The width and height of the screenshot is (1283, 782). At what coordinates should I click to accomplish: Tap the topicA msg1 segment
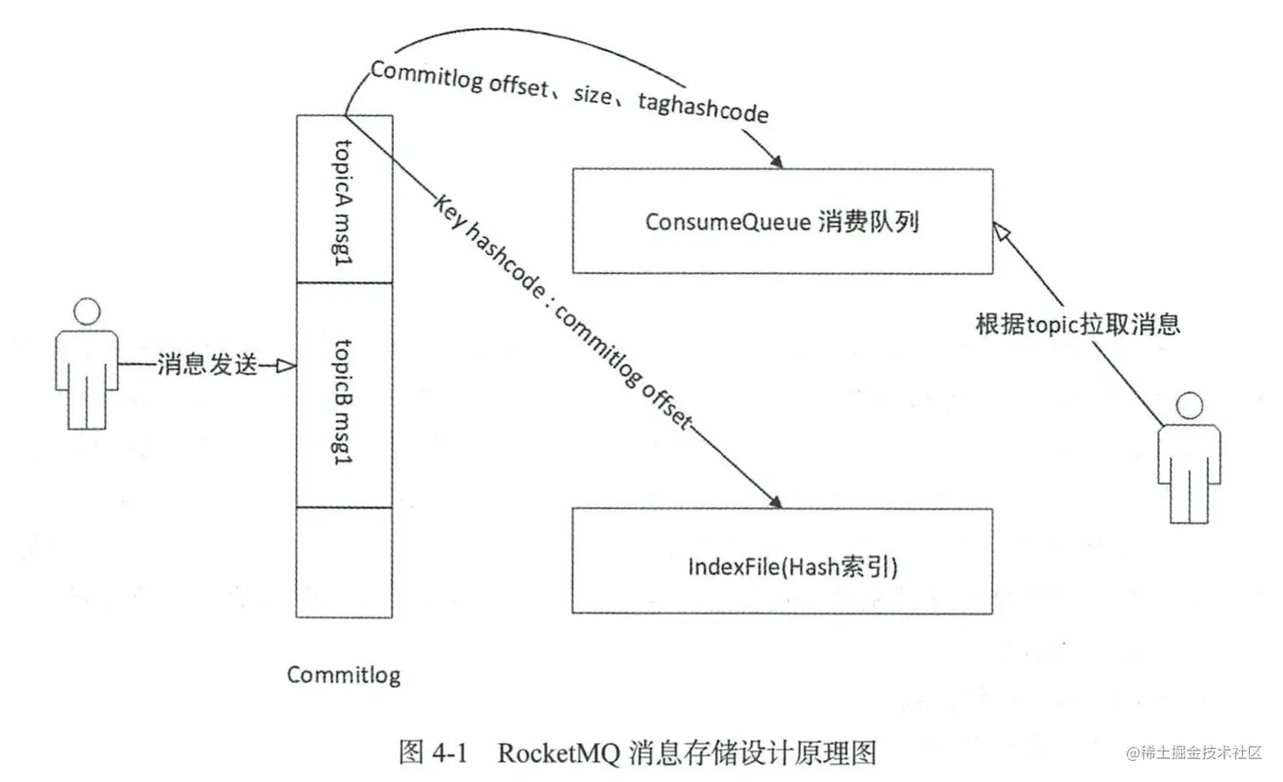[345, 199]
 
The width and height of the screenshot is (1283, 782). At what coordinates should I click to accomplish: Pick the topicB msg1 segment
[345, 395]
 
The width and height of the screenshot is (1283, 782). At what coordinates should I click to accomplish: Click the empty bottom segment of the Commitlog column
[345, 562]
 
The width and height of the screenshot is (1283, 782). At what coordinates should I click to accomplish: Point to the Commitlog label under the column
[344, 675]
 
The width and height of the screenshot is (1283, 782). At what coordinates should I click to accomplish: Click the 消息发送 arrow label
[207, 364]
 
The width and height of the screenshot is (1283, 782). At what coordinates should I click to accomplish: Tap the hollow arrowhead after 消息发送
[286, 366]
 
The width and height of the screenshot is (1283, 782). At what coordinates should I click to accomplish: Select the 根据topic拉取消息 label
[1078, 324]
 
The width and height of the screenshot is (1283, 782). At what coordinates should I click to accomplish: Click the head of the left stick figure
[87, 311]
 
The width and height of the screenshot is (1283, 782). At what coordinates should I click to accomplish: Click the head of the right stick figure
[1189, 406]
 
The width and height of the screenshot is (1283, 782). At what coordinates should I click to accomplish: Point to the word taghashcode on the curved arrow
[703, 108]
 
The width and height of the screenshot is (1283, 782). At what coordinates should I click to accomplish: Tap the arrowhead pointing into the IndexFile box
[776, 501]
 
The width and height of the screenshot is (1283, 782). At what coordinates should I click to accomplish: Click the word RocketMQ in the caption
[558, 753]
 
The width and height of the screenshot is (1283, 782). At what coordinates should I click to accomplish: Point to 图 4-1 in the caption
[433, 752]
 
